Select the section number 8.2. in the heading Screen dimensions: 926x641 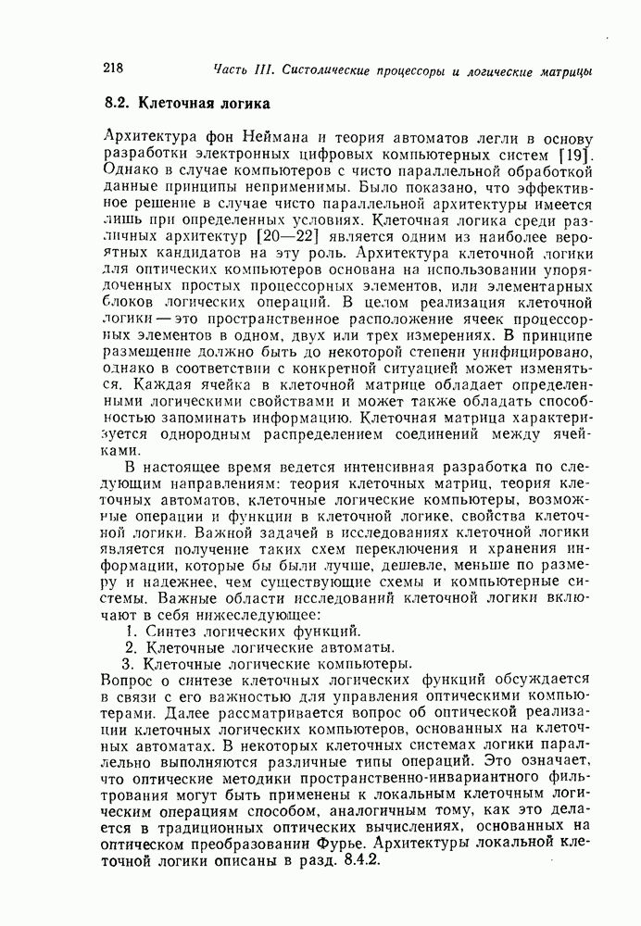coord(121,102)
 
